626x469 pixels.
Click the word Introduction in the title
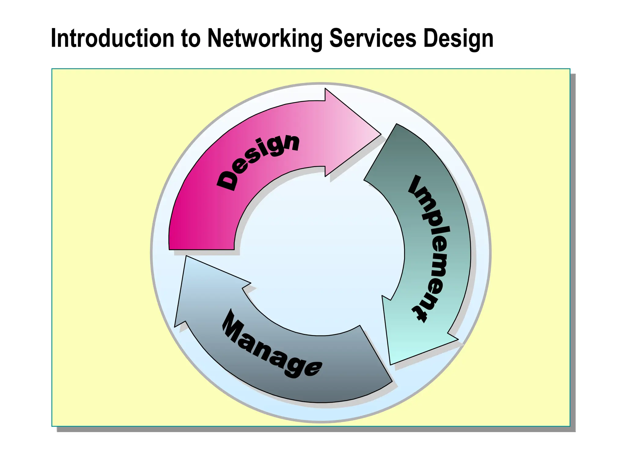pos(112,38)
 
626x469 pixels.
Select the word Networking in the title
pos(265,38)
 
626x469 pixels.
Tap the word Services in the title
pos(373,38)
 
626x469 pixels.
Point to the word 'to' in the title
pos(190,38)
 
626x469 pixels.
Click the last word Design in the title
pos(458,38)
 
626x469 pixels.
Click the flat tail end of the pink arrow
pos(202,249)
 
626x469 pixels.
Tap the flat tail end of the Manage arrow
pos(376,354)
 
